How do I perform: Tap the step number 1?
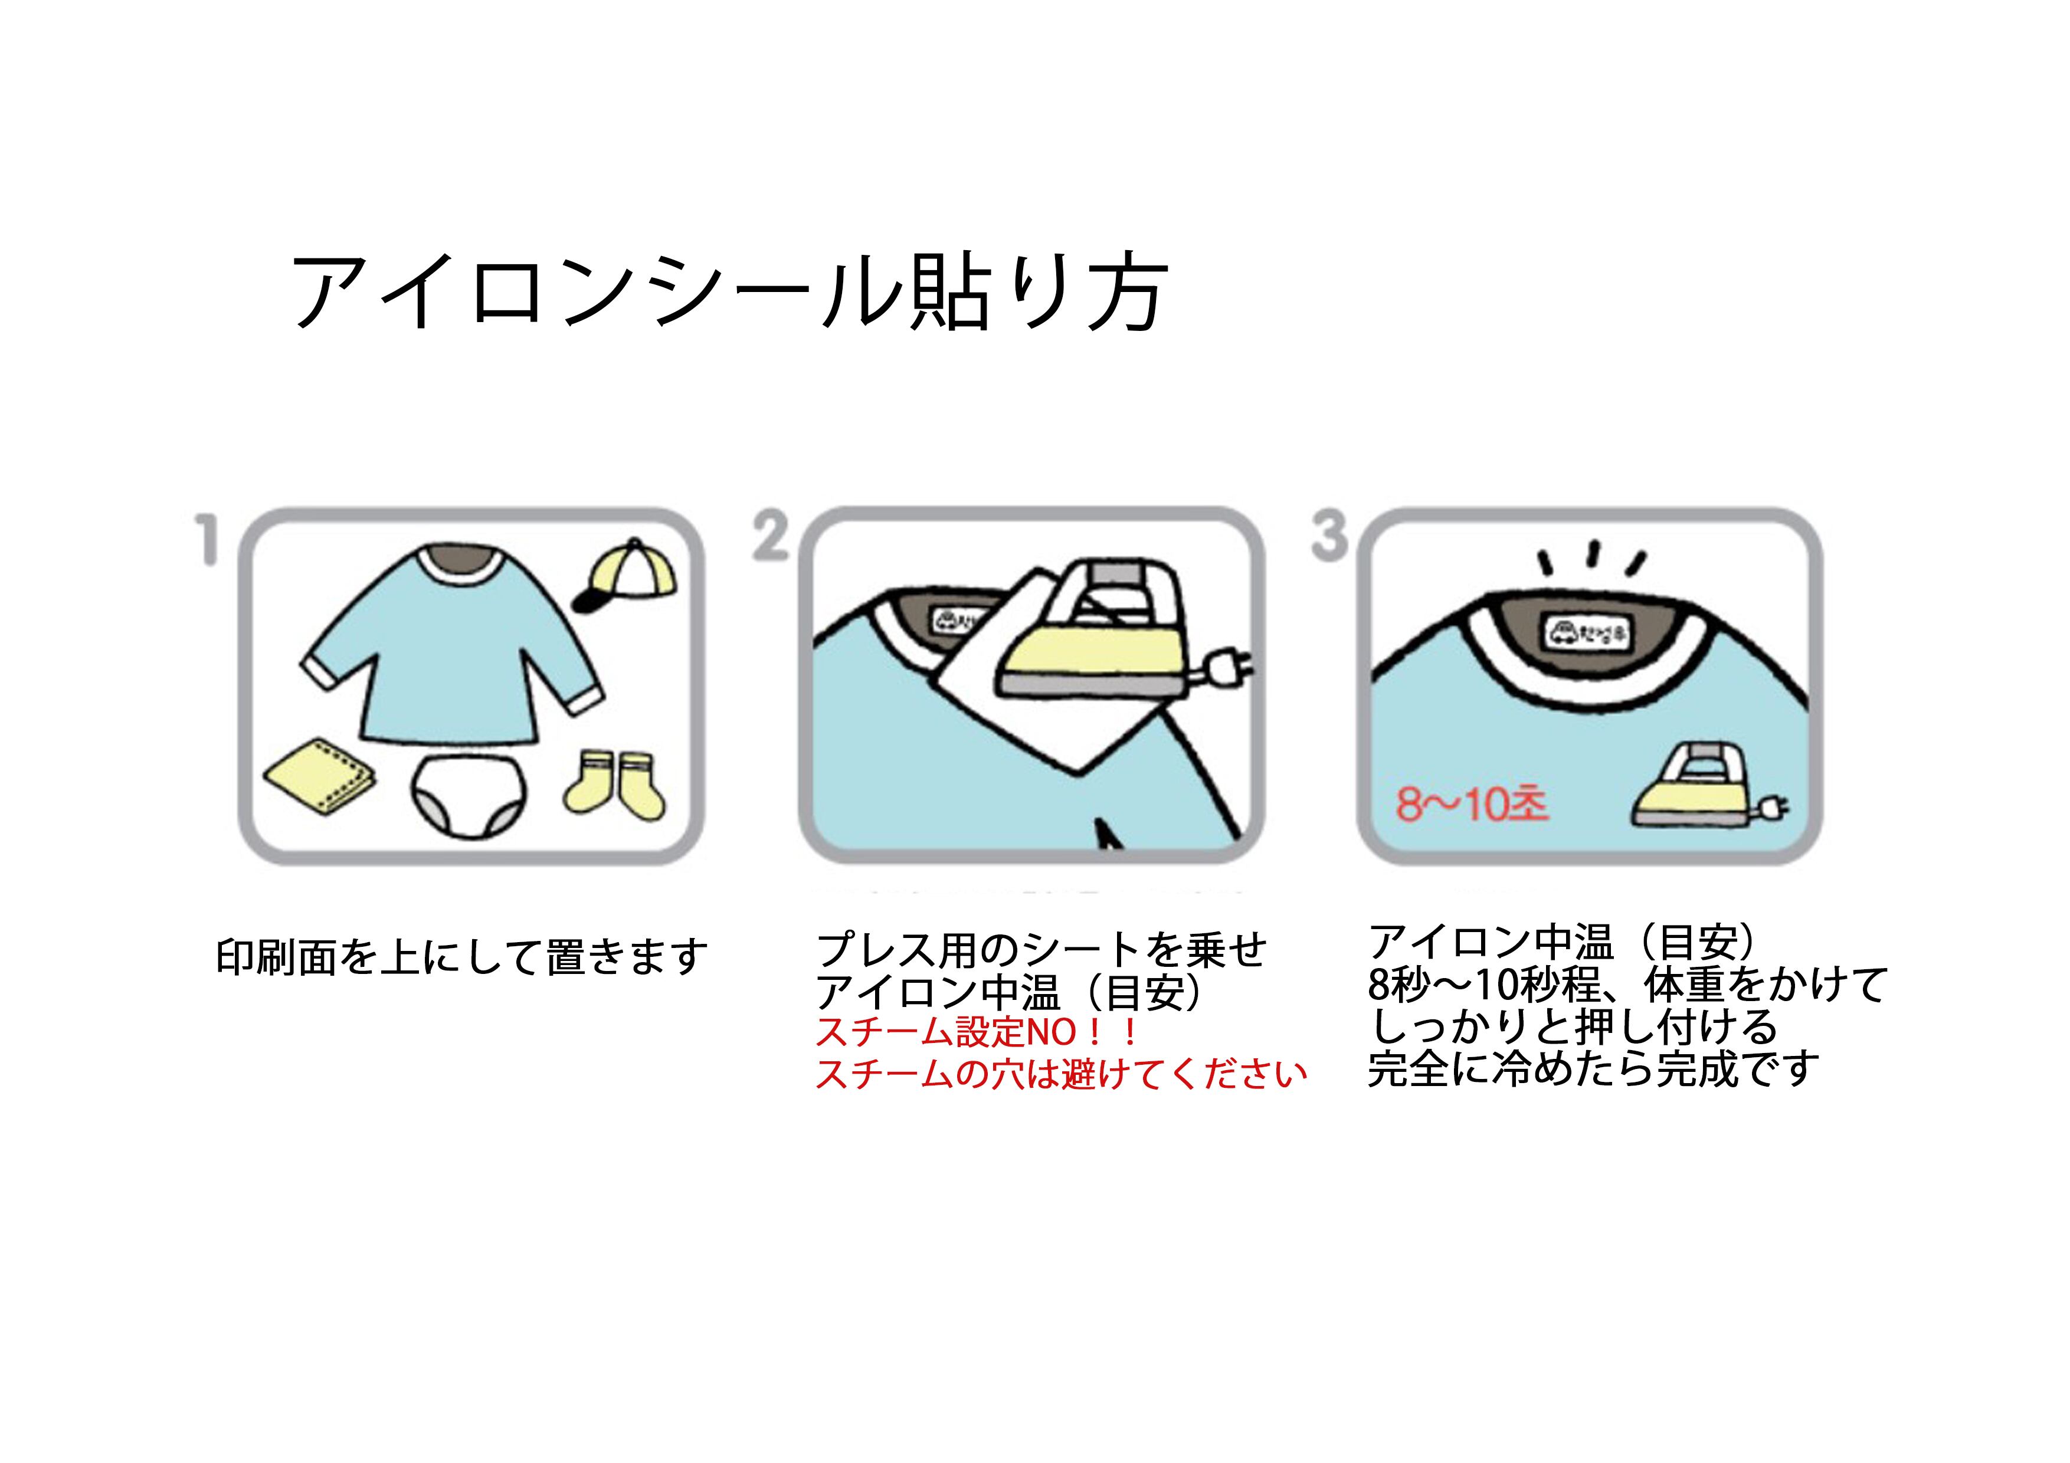point(208,539)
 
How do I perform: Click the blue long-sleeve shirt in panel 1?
point(451,649)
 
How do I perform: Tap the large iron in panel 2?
point(1095,640)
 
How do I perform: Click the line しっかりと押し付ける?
point(1573,1026)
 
